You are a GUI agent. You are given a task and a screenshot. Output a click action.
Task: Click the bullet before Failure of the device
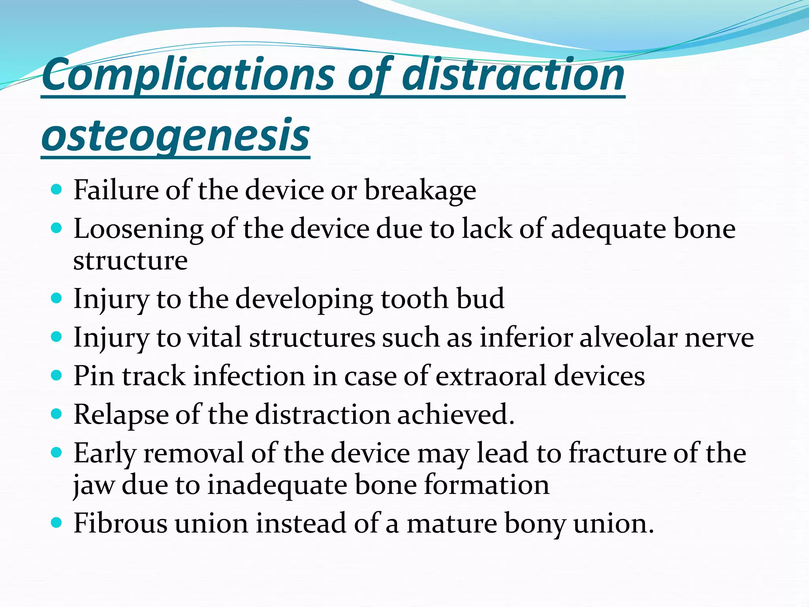[57, 190]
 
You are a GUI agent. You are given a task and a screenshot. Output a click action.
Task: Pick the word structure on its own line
[130, 260]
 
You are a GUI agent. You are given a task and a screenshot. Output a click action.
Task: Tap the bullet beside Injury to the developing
[57, 298]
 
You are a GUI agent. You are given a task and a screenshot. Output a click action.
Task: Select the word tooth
[414, 299]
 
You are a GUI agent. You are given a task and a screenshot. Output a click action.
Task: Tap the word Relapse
[121, 415]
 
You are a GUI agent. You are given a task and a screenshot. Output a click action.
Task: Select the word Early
[105, 454]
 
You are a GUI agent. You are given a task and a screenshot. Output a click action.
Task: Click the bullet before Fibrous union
[57, 523]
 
